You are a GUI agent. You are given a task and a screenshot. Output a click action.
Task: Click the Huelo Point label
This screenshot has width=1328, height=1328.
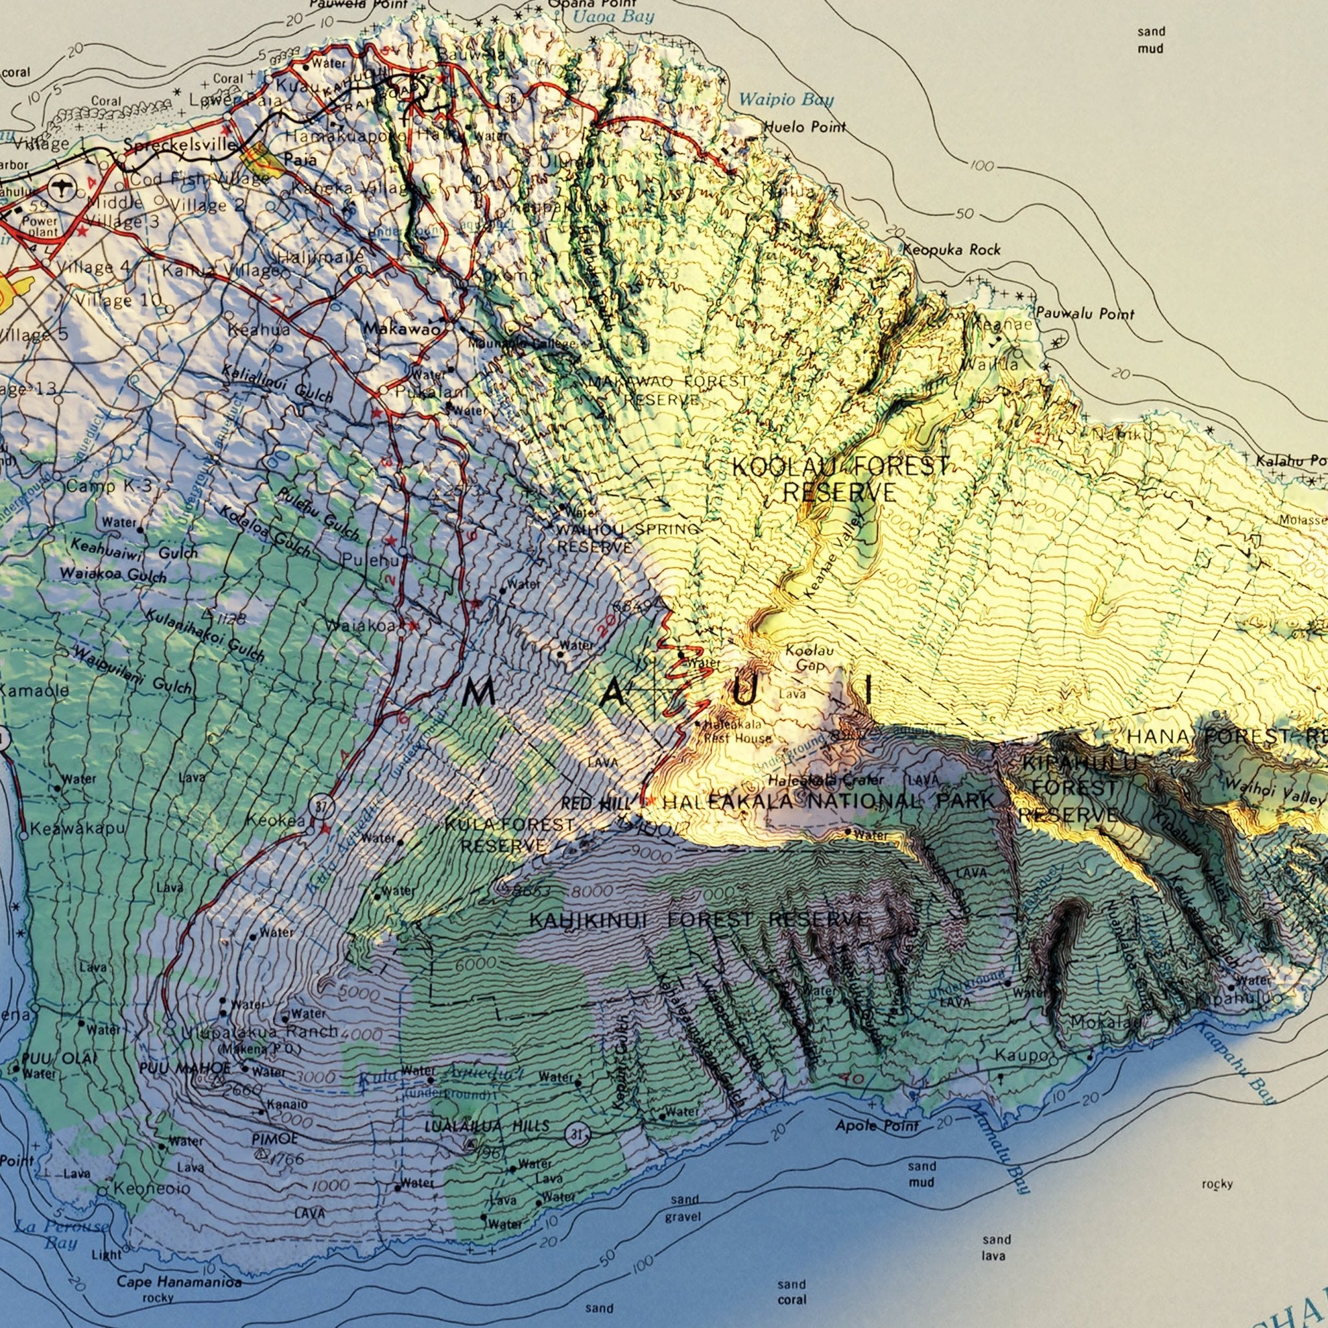[x=805, y=126]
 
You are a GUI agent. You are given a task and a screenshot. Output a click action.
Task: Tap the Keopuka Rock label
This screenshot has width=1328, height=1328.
[x=951, y=250]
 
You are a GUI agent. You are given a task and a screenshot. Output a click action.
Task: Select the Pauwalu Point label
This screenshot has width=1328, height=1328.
[x=1085, y=314]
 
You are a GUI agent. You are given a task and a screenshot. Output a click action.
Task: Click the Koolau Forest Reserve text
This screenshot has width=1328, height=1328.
[x=840, y=479]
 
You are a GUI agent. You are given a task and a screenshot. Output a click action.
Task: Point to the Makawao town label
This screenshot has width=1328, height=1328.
[x=401, y=329]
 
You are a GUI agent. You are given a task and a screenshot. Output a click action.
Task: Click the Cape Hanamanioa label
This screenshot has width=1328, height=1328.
[x=179, y=1281]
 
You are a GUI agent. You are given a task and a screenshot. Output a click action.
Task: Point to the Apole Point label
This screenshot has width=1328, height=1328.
[x=877, y=1125]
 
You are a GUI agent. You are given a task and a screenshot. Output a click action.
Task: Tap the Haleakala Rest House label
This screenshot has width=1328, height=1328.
[x=735, y=731]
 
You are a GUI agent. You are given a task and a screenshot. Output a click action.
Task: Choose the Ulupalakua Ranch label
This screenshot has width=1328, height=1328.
[x=260, y=1032]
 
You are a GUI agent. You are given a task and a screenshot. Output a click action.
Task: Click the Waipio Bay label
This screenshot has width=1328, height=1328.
[x=786, y=101]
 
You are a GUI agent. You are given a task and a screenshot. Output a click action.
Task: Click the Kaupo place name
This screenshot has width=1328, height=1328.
[x=1023, y=1055]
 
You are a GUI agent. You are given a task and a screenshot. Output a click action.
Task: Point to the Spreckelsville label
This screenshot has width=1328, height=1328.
[x=181, y=146]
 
